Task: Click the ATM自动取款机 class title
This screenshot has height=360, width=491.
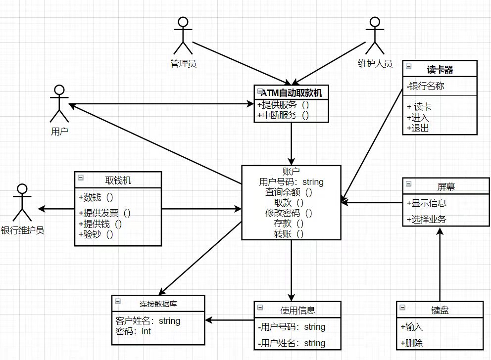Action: point(292,92)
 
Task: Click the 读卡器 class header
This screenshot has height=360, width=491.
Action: point(440,69)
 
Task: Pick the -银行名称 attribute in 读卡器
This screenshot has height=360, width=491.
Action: point(425,86)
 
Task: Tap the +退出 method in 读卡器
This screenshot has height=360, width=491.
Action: point(418,129)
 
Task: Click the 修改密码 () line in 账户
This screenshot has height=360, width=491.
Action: point(291,213)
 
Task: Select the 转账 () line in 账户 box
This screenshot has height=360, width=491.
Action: point(291,234)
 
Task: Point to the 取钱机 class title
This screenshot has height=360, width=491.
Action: point(118,180)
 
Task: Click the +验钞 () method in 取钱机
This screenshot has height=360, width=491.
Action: point(96,234)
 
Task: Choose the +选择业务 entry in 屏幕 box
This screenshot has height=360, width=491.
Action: point(426,219)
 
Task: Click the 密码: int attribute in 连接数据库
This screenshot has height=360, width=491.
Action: point(133,331)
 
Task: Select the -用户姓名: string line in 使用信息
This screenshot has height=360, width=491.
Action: point(292,343)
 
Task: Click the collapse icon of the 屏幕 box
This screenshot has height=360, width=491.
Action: point(408,184)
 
